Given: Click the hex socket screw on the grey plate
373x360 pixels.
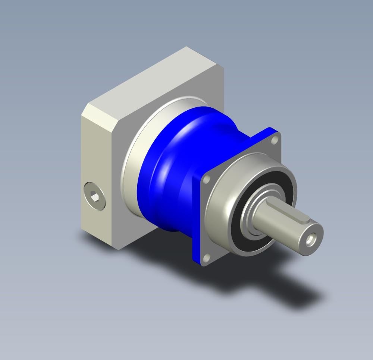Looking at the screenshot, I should coord(95,196).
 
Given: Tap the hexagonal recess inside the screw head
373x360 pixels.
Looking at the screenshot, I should coord(95,196).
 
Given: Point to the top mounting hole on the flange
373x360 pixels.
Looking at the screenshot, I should coord(275,140).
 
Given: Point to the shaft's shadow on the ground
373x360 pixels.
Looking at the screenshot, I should coord(298,287).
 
